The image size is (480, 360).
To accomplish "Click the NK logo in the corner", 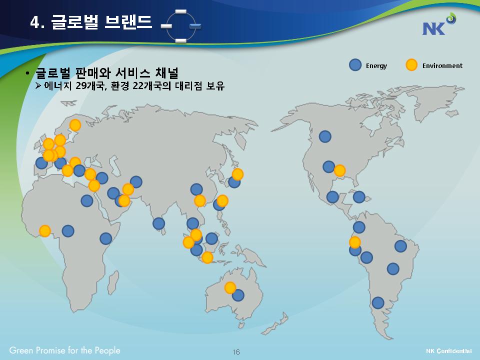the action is (x=439, y=24).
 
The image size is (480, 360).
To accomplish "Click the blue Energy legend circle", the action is (x=355, y=65).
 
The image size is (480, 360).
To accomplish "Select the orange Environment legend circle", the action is (x=411, y=65).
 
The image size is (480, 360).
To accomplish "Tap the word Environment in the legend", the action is (x=442, y=65).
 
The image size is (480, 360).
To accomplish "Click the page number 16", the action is (x=236, y=351).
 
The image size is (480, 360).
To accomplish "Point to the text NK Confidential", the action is (x=449, y=351).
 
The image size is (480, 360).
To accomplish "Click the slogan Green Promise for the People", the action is (x=64, y=350).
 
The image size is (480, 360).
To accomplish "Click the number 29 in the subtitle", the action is (x=81, y=85).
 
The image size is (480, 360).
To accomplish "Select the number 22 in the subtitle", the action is (x=138, y=85).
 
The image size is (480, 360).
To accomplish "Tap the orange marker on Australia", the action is (x=230, y=288).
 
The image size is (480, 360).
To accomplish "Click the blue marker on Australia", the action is (x=238, y=295).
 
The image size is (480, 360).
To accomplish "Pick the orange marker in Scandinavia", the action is (x=75, y=125).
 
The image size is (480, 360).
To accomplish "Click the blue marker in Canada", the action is (x=325, y=136).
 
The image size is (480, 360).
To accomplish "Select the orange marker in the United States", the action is (x=339, y=170).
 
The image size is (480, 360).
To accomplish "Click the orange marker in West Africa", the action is (x=44, y=231).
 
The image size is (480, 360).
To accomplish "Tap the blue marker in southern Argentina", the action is (x=378, y=303).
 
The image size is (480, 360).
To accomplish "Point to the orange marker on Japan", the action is (x=237, y=174).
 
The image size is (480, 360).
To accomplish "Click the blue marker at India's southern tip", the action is (x=158, y=224).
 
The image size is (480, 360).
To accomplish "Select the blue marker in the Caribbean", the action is (x=359, y=197).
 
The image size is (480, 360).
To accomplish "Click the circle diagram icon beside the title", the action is (x=181, y=26).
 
